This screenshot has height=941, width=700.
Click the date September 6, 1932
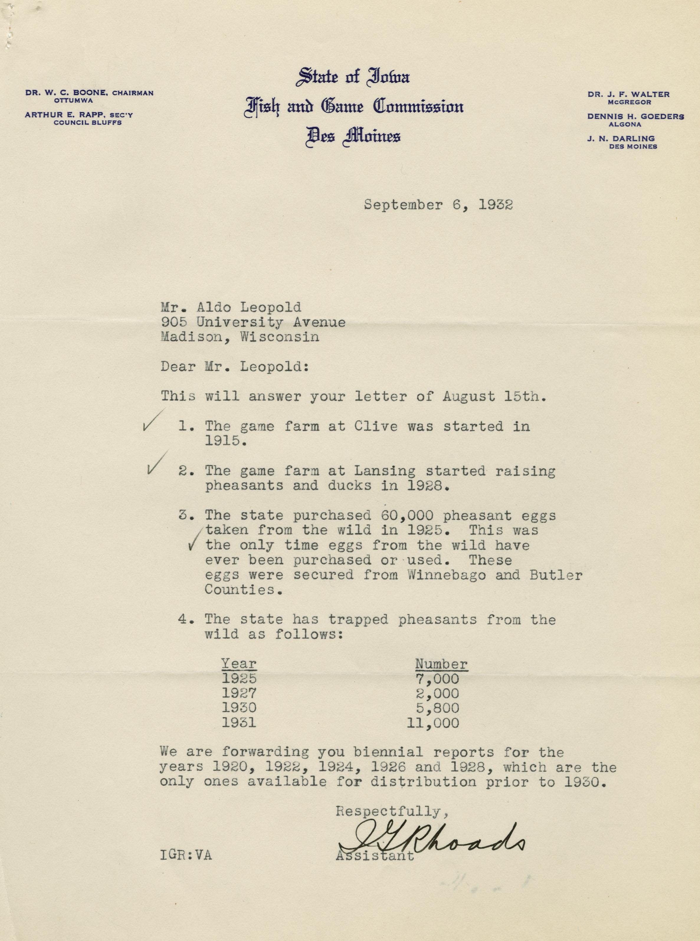[438, 205]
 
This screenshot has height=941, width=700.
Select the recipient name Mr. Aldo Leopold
[231, 307]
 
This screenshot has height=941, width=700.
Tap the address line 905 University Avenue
[253, 322]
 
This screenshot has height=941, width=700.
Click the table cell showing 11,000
[433, 723]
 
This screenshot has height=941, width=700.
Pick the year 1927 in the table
[239, 693]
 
